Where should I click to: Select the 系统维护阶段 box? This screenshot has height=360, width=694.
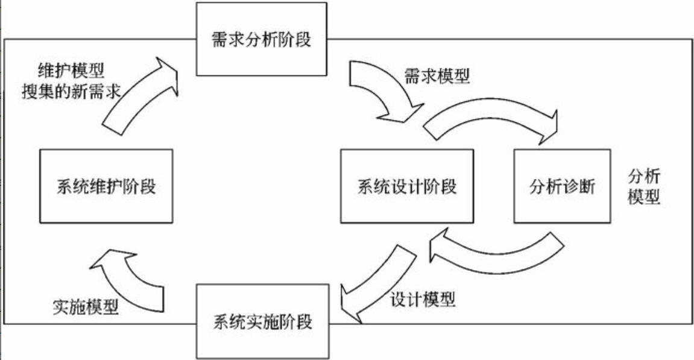pos(106,186)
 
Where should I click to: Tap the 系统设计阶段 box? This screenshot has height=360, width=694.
pos(407,186)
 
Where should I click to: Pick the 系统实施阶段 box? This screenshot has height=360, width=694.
pos(262,321)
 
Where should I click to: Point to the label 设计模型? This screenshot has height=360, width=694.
pos(422,298)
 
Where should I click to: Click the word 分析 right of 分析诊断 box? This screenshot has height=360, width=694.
pos(644,177)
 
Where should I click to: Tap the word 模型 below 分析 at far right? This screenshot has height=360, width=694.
pos(644,197)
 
